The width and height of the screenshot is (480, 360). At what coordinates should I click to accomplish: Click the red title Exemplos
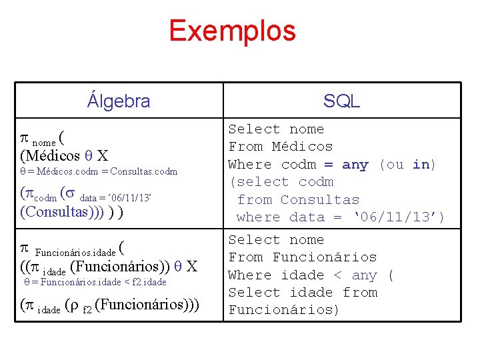[x=232, y=31]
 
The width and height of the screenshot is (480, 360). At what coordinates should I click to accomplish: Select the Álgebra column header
[x=119, y=101]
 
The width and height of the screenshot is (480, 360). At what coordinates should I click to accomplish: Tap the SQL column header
[x=341, y=101]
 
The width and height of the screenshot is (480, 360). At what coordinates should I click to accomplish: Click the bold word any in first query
[x=355, y=165]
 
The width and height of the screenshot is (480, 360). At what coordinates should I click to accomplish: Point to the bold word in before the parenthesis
[x=421, y=165]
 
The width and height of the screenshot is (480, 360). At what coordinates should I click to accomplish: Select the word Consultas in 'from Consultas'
[x=319, y=200]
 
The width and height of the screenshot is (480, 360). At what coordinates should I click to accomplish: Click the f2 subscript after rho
[x=87, y=309]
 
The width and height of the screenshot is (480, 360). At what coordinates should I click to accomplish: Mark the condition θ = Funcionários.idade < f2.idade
[x=95, y=283]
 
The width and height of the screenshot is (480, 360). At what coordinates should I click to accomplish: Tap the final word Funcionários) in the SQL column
[x=284, y=310]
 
